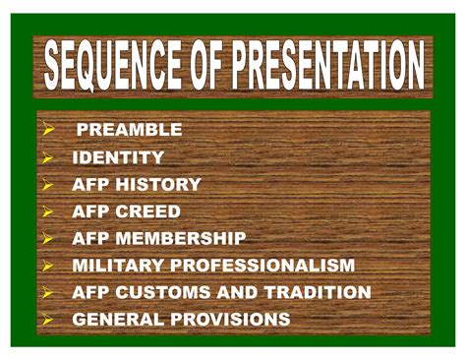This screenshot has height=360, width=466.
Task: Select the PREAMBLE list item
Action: tap(129, 130)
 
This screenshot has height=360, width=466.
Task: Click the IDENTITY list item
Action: tap(118, 157)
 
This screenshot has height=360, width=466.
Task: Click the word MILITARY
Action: tap(117, 266)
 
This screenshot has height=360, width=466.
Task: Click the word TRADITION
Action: tap(315, 293)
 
